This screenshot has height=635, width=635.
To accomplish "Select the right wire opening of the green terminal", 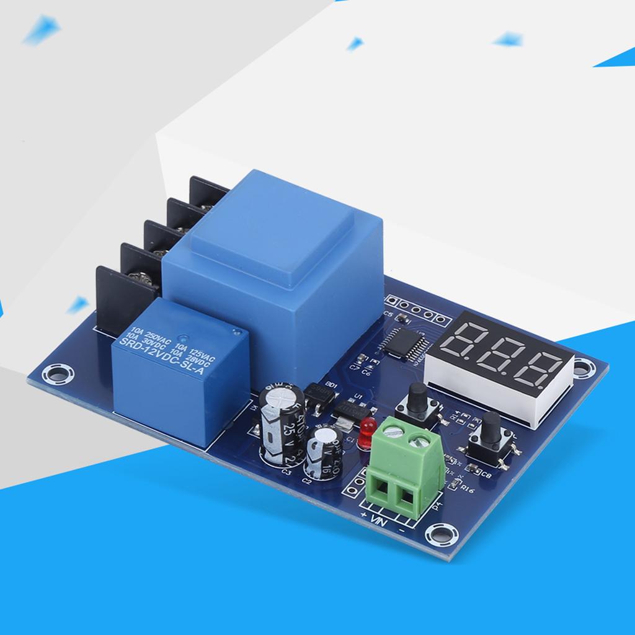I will [x=407, y=495].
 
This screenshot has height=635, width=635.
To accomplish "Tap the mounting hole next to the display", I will [x=581, y=367].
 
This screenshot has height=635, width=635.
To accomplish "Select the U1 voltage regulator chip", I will [x=351, y=409].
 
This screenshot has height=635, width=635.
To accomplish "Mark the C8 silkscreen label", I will [x=486, y=476].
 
